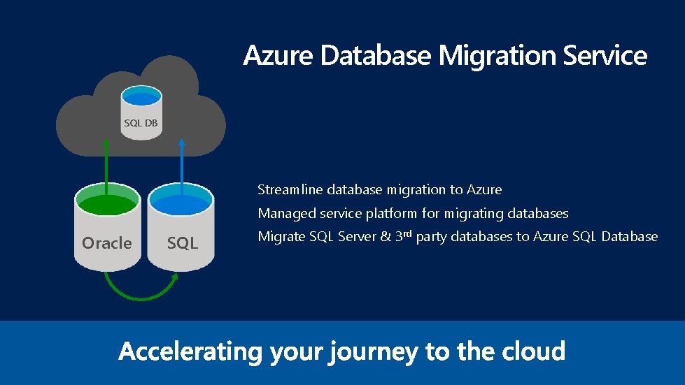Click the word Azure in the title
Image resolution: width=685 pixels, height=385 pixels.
(279, 56)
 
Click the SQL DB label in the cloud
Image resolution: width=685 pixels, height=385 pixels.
(141, 124)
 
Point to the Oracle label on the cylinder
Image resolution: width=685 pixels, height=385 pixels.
(106, 243)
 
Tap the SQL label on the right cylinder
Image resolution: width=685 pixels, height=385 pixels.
(183, 243)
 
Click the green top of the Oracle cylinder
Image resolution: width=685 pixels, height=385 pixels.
(107, 205)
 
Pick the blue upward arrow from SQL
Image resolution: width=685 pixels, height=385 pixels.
(181, 164)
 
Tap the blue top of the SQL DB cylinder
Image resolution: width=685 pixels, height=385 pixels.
(141, 96)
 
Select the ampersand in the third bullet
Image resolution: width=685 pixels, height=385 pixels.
(384, 237)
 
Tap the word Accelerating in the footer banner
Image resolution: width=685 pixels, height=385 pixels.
(190, 351)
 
